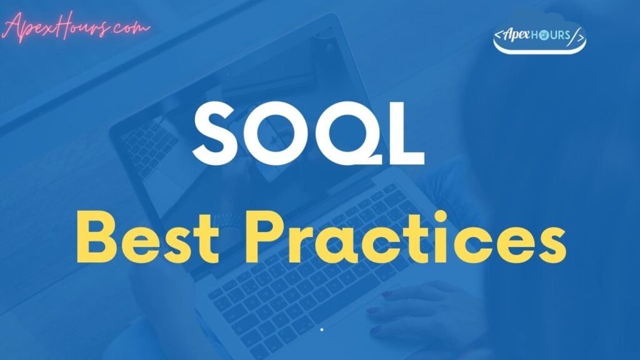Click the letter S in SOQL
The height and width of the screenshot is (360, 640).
(215, 132)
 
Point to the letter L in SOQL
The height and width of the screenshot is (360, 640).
(404, 134)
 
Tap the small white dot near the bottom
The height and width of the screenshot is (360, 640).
(322, 329)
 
